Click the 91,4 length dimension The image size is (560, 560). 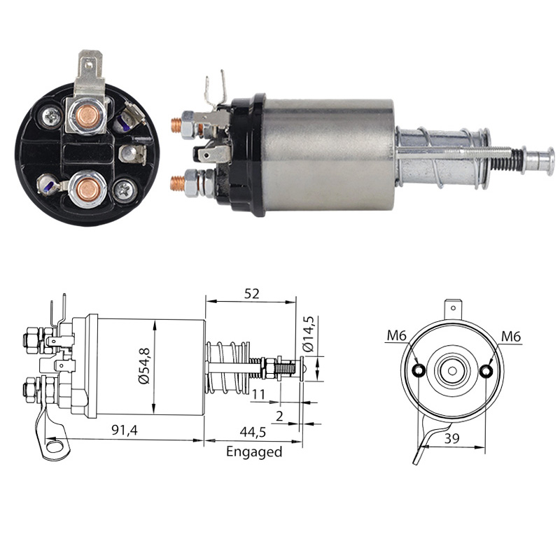tap(125, 430)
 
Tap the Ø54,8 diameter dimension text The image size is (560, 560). tap(145, 365)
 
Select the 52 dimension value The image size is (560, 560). tap(251, 293)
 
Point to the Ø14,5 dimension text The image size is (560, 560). tap(308, 334)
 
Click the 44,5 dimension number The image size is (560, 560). tap(253, 432)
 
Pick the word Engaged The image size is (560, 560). tap(254, 452)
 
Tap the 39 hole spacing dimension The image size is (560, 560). tap(451, 438)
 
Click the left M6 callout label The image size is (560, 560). tap(397, 336)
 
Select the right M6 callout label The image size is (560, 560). tap(511, 337)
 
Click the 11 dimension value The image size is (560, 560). tap(258, 394)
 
